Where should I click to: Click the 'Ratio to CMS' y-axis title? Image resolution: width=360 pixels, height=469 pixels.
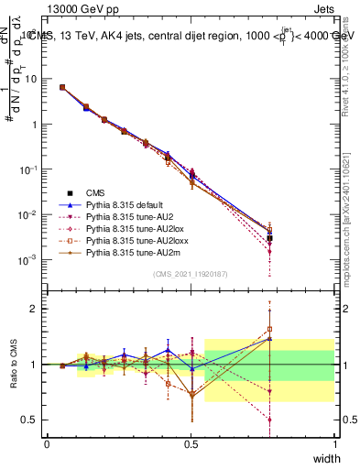[x=14, y=365]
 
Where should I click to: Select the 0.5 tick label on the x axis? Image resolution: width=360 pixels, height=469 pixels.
[x=191, y=444]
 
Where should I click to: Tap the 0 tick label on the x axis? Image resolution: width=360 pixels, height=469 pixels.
[x=47, y=444]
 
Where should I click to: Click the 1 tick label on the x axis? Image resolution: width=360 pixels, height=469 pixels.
[x=334, y=444]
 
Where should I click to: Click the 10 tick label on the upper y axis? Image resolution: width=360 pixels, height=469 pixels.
[x=31, y=79]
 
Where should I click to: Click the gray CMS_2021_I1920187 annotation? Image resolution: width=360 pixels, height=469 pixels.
[x=191, y=275]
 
